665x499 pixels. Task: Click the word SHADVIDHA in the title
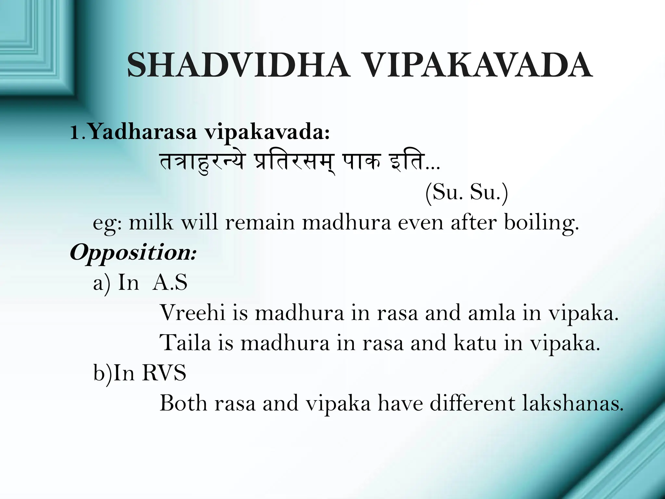coord(239,66)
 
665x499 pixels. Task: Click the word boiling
coord(541,224)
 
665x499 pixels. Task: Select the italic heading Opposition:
coord(133,253)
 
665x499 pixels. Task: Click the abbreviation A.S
coord(170,282)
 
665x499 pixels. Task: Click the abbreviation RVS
coord(164,373)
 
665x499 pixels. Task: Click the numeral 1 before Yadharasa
coord(75,133)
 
